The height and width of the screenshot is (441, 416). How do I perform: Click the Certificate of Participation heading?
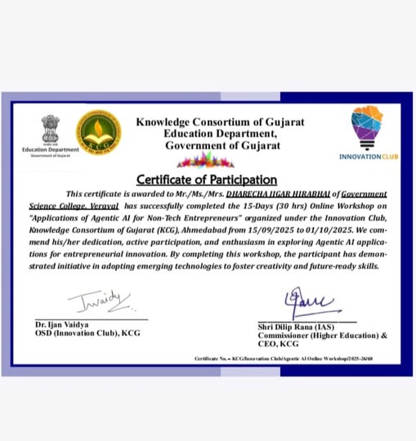(x=206, y=180)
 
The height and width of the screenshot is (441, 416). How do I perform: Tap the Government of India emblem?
(x=51, y=129)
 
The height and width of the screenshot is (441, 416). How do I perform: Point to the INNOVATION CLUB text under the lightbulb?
(x=369, y=156)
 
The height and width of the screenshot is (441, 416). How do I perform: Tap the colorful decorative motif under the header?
(x=205, y=160)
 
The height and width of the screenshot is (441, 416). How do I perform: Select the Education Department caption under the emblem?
(x=51, y=150)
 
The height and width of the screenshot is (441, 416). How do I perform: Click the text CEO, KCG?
(x=278, y=345)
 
